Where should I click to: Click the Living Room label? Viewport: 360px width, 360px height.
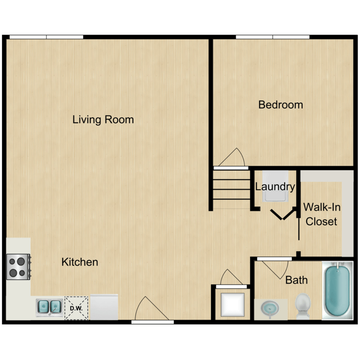(x=103, y=120)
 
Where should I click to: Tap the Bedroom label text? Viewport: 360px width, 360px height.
(x=280, y=105)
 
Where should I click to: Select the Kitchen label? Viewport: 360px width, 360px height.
(x=80, y=262)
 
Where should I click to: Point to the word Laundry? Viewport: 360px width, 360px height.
(x=275, y=186)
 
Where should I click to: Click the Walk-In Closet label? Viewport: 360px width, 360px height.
(x=321, y=214)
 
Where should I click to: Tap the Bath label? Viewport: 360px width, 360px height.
(x=296, y=280)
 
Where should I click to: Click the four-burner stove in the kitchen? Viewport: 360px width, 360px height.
(x=18, y=267)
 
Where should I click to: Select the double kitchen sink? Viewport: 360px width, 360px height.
(x=48, y=306)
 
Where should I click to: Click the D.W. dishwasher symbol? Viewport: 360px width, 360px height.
(x=76, y=307)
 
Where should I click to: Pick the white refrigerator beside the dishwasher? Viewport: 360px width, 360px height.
(x=104, y=307)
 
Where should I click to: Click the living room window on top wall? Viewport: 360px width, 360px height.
(x=47, y=37)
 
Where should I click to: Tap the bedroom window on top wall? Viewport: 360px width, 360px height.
(x=273, y=37)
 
